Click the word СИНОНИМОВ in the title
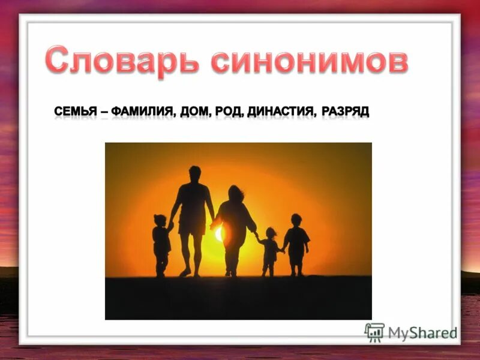tap(308, 61)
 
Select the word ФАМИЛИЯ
tap(142, 112)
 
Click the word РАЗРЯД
tap(345, 112)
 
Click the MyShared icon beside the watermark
tap(374, 332)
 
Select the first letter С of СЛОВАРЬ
tap(56, 61)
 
